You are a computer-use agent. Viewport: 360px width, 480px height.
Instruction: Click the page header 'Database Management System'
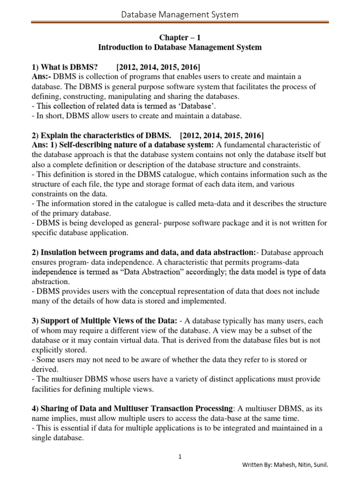pos(180,15)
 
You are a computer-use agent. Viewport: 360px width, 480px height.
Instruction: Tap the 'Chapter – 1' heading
pos(180,37)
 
